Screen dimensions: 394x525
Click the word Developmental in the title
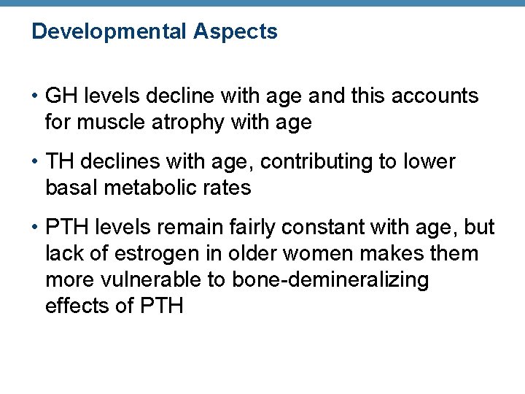point(109,32)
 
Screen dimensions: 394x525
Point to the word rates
point(229,188)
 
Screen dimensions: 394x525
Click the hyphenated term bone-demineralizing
point(330,280)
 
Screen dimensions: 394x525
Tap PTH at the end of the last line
point(159,306)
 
